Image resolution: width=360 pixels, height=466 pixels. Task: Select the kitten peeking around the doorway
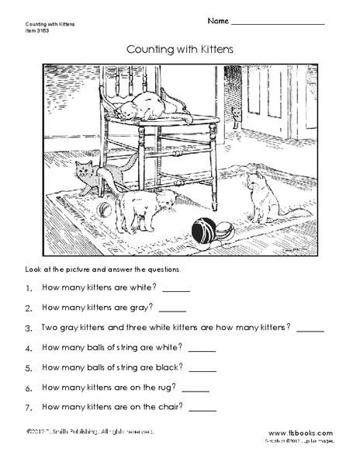pos(236,116)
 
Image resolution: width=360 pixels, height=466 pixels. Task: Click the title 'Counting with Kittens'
pos(179,48)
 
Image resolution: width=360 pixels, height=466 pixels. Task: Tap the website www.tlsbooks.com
pos(300,433)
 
